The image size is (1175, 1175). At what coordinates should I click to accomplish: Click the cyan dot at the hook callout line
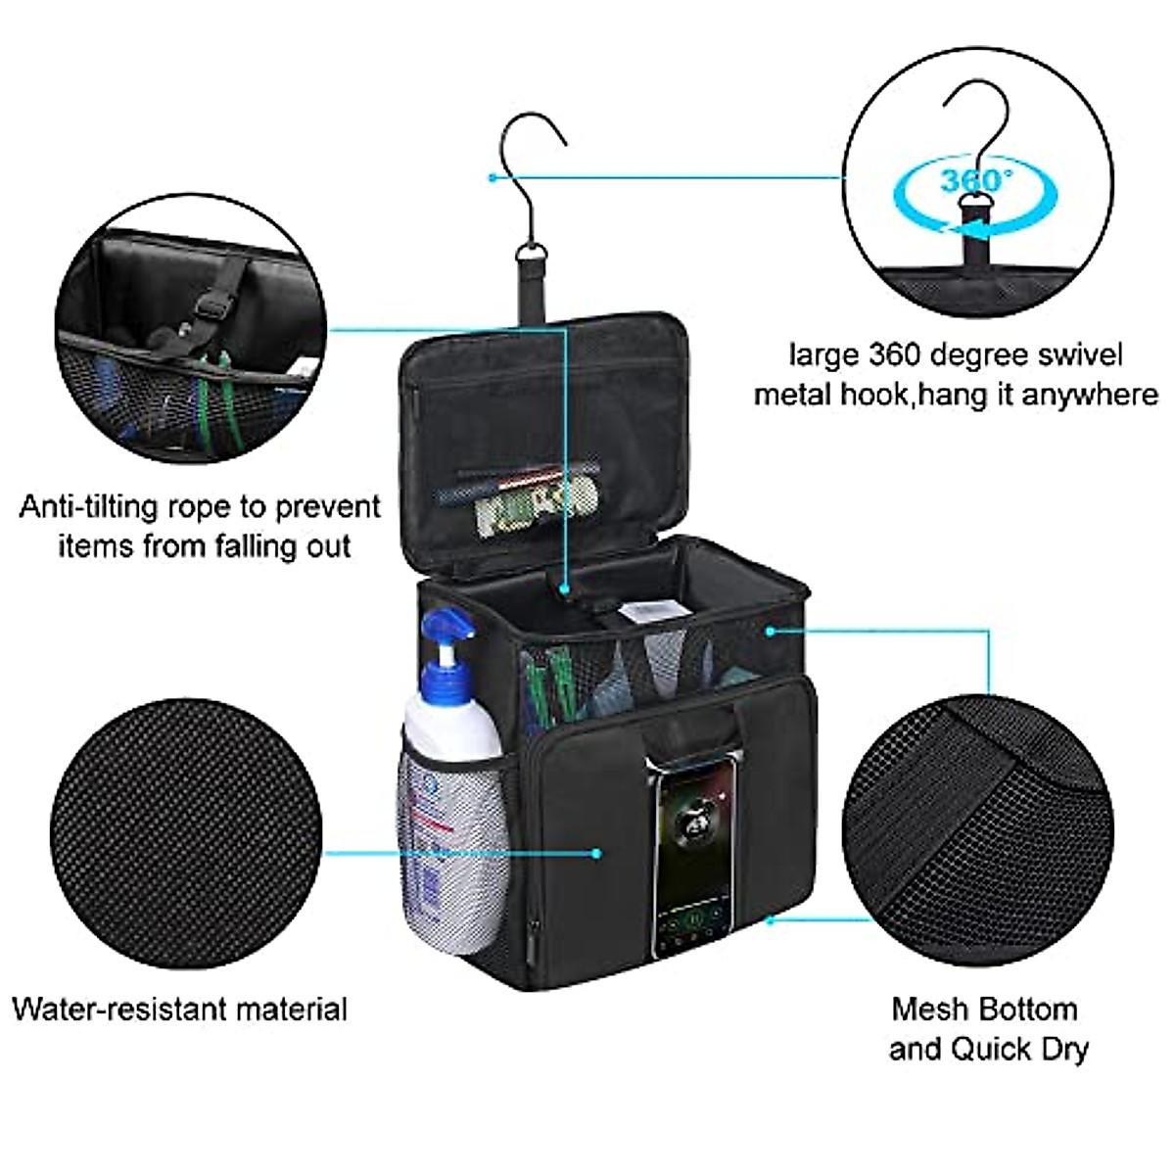click(x=492, y=177)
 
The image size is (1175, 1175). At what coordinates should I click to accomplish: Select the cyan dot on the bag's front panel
click(x=596, y=853)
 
